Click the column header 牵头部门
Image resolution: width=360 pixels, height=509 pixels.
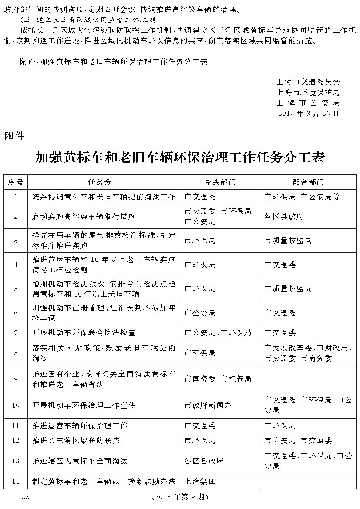coord(220,182)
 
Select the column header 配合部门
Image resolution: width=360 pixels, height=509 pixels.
coord(308,182)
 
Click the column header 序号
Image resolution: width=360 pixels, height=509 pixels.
coord(16,182)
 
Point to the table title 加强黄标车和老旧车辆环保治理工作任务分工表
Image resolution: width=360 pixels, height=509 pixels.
coord(180,157)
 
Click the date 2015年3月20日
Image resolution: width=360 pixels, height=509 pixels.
coord(308,113)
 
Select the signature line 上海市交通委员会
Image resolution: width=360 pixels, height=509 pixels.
coord(308,82)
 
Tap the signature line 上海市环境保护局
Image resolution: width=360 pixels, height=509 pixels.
coord(308,92)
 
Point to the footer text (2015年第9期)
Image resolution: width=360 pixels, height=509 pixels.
coord(180,497)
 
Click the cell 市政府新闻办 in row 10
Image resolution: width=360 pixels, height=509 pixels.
coord(208,405)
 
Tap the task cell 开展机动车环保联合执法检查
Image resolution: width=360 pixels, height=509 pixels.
coord(84,332)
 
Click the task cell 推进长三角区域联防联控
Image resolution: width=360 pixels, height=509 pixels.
coord(76,440)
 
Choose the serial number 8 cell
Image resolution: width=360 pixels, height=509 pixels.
coord(16,353)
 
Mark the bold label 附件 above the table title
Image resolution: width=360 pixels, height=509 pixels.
coord(14,136)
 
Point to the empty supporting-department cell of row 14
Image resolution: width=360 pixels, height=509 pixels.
coord(308,482)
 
